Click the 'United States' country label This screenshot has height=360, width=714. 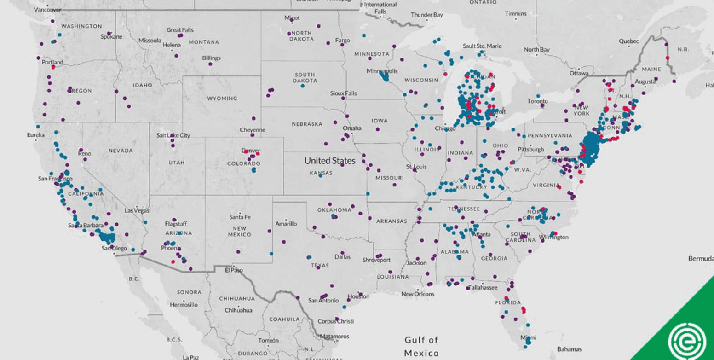click(330, 161)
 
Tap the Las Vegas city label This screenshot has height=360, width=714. click(137, 210)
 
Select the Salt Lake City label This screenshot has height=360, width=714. click(173, 135)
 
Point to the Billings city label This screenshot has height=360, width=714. click(211, 58)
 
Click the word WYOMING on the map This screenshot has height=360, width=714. click(222, 98)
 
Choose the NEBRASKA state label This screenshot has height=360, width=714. click(307, 124)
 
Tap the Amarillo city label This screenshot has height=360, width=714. click(286, 224)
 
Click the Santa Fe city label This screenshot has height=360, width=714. click(240, 217)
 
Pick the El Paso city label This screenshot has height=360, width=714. click(233, 270)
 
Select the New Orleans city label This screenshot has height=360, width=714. click(418, 294)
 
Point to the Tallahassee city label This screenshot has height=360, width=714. click(483, 287)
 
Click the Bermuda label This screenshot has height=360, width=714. click(701, 259)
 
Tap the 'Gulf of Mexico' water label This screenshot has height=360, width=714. click(421, 346)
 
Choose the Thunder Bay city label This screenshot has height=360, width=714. click(426, 15)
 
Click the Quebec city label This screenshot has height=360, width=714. click(628, 41)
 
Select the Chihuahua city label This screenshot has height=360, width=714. click(238, 310)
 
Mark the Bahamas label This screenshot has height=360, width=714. click(569, 349)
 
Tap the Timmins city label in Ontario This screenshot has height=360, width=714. click(515, 14)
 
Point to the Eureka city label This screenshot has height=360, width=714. click(36, 135)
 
